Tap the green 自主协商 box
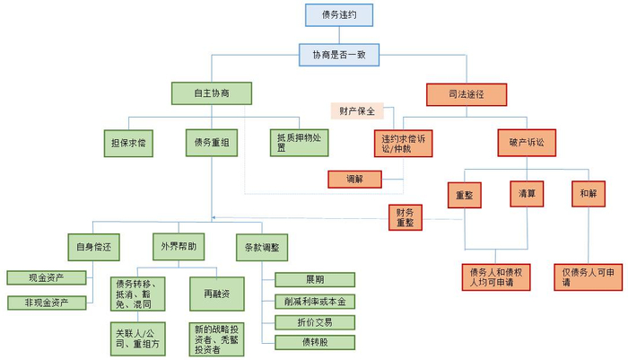click(211, 93)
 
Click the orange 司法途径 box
click(466, 93)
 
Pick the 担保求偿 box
click(129, 143)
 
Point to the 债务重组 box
click(212, 143)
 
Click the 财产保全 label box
click(357, 111)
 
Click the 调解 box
click(353, 179)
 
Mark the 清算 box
click(528, 195)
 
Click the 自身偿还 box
click(93, 245)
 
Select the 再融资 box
click(214, 293)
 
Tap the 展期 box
click(314, 279)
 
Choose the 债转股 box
click(314, 342)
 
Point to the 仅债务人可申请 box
click(589, 277)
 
